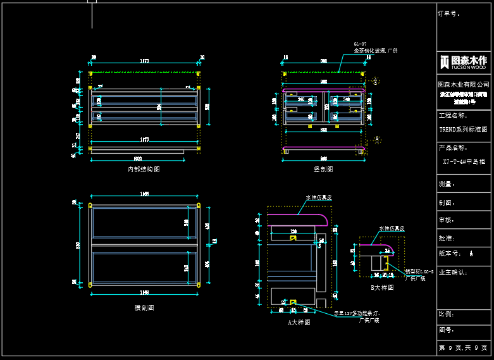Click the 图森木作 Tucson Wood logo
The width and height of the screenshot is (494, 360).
tap(464, 61)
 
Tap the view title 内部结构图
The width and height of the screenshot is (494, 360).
tap(144, 170)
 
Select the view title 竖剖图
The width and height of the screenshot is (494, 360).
tap(323, 169)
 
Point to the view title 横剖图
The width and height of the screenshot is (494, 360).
tap(144, 307)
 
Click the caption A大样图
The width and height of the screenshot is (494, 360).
tap(299, 322)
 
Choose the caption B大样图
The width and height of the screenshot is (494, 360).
tap(382, 287)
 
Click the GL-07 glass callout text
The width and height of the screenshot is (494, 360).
tap(375, 47)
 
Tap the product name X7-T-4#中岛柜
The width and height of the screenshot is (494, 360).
tap(464, 161)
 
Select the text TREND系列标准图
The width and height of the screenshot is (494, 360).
tap(464, 128)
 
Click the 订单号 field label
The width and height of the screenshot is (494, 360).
tap(448, 13)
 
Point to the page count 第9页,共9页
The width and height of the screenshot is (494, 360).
tap(464, 348)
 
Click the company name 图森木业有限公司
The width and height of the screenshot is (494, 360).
tap(464, 84)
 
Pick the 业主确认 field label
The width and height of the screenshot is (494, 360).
tap(452, 272)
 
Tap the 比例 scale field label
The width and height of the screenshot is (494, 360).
tap(446, 314)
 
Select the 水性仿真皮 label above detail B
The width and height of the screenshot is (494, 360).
tap(392, 228)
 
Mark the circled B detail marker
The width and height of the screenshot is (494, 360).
tap(377, 138)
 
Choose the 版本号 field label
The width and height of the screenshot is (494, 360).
tap(449, 254)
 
